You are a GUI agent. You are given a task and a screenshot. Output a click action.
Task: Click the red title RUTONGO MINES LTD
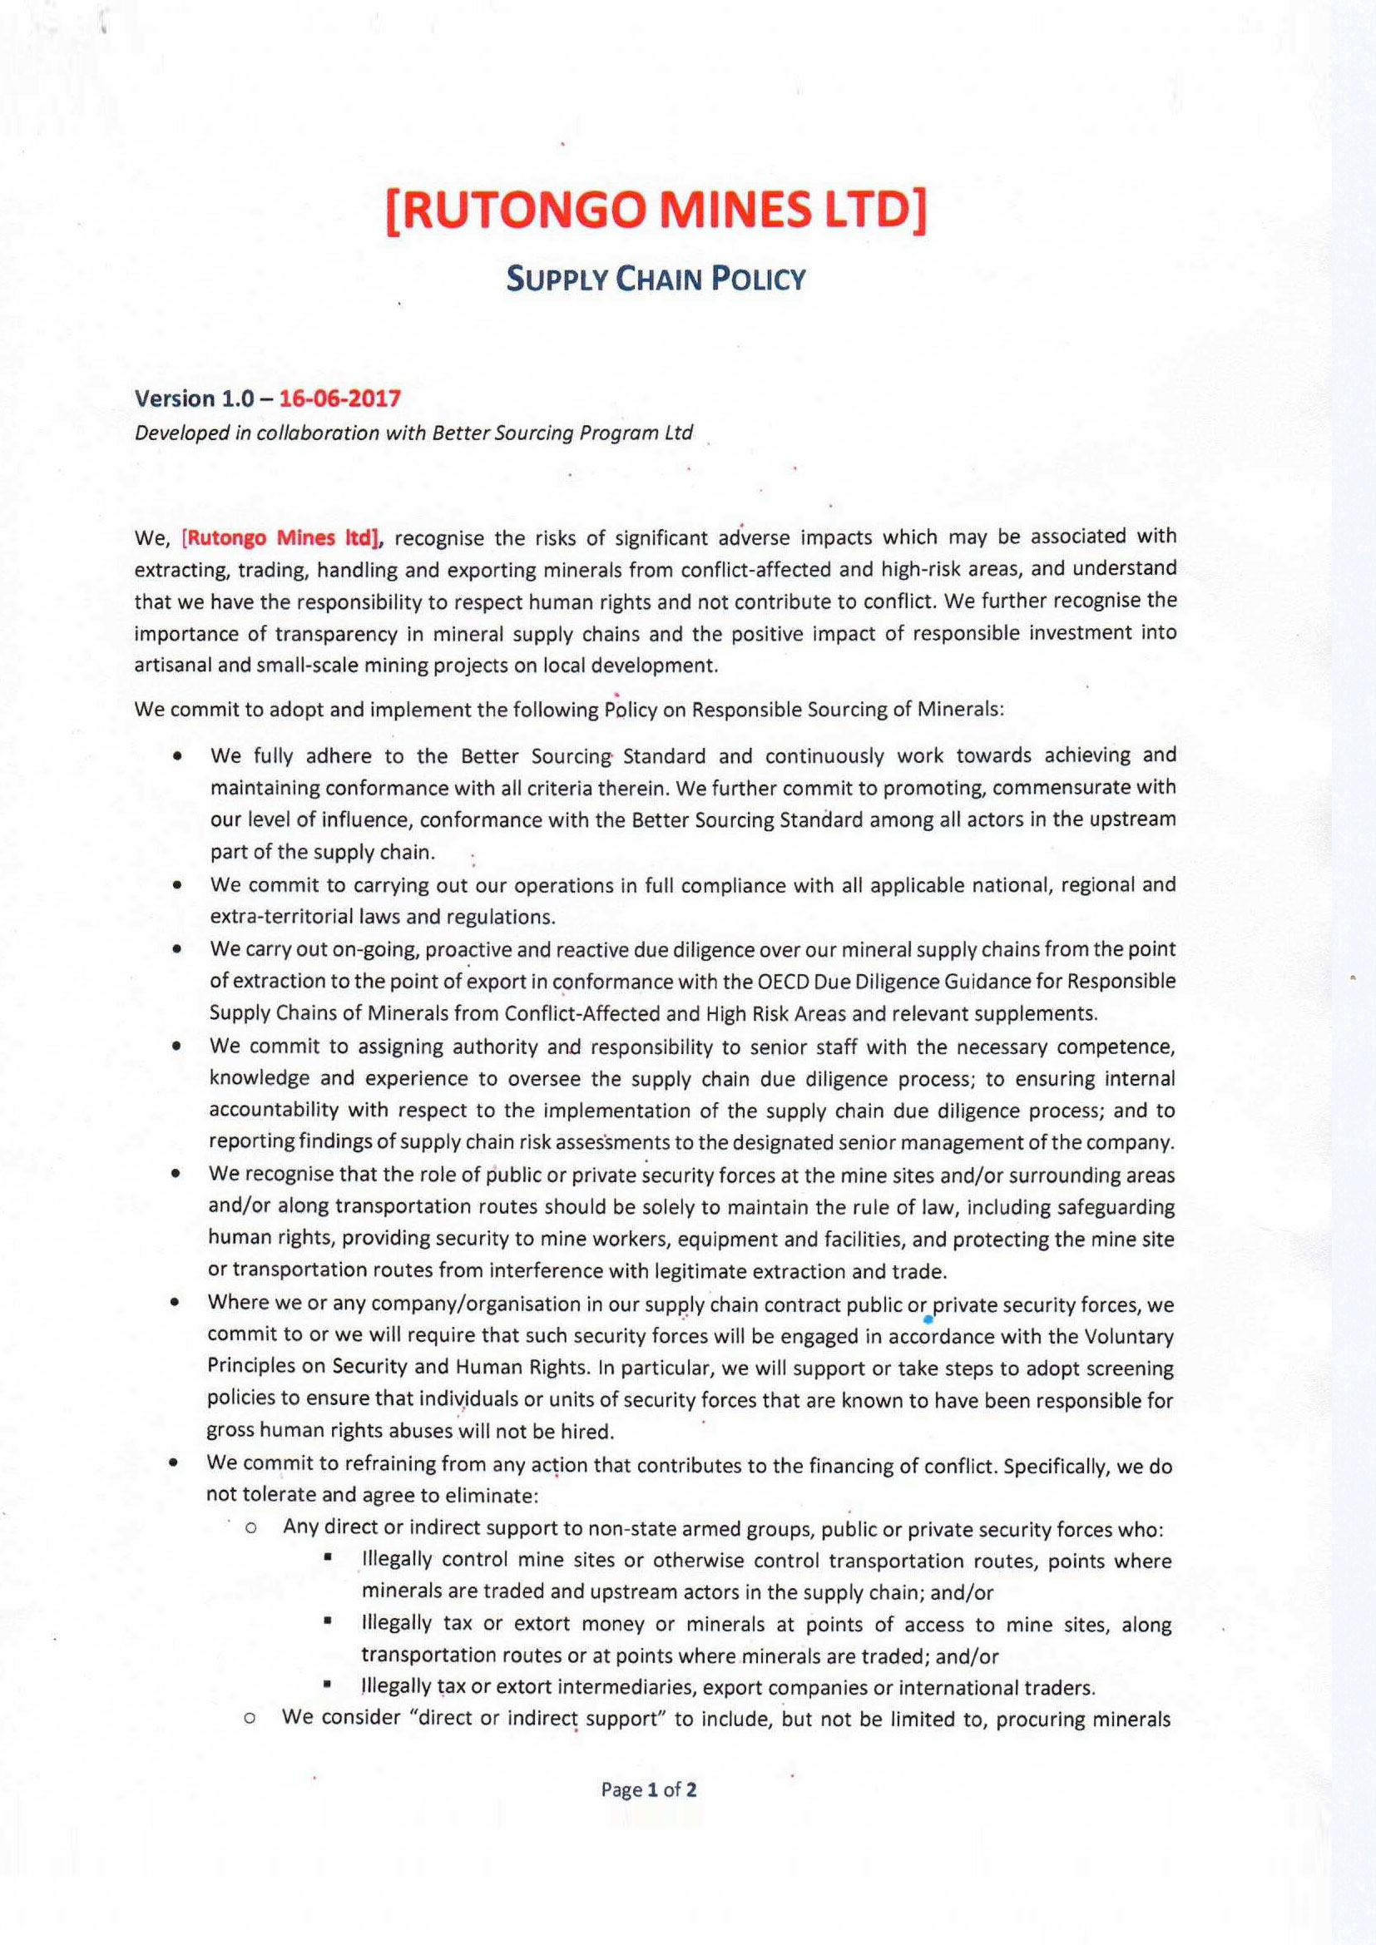[656, 211]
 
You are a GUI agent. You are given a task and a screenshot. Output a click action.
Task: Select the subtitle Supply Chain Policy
[656, 279]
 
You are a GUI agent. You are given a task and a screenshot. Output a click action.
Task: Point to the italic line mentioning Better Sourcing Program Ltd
[413, 433]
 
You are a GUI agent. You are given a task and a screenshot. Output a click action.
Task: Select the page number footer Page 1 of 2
[649, 1789]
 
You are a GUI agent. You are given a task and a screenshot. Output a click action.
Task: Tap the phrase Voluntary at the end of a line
[1131, 1337]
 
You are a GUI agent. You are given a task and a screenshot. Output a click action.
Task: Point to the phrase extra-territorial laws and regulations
[383, 917]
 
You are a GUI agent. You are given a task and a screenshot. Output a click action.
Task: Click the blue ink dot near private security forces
[928, 1319]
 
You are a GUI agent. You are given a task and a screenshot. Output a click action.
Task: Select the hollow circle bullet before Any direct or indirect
[250, 1529]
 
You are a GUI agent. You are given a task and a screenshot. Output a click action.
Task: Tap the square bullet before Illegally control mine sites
[326, 1559]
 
